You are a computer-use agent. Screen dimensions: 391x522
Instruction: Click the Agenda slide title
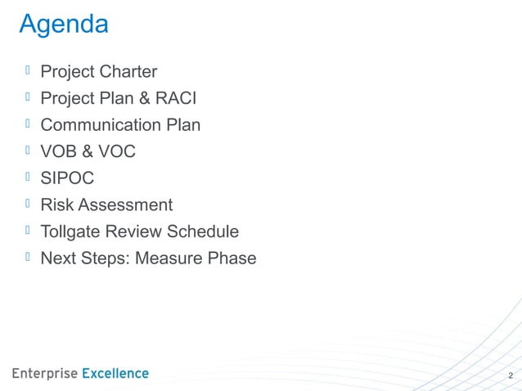tap(63, 25)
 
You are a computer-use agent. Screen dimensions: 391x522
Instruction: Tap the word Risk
tap(57, 205)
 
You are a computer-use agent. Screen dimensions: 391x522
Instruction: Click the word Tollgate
tap(72, 232)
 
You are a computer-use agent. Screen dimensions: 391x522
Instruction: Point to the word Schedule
tap(204, 232)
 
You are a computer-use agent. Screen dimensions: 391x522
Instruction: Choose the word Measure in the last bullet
tap(166, 258)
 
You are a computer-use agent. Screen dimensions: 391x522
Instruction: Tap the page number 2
tap(511, 376)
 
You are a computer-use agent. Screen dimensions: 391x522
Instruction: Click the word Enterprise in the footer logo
tap(44, 374)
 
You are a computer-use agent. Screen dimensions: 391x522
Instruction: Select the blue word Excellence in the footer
tap(115, 374)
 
